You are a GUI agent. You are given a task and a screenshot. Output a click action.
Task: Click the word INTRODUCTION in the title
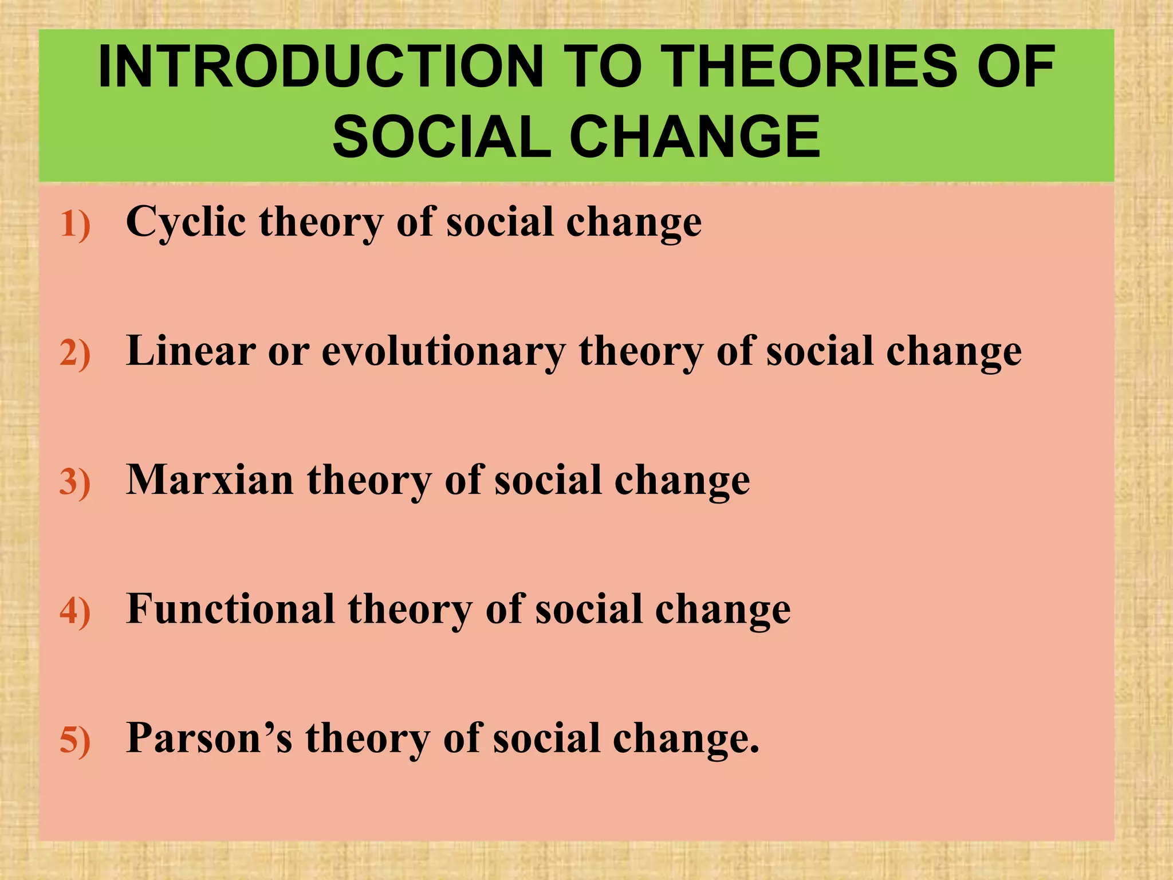point(321,67)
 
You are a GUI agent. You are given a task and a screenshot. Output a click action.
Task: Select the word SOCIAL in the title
point(442,137)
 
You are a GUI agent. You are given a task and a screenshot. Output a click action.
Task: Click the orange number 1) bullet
point(75,225)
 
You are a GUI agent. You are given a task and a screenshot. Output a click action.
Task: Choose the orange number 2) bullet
point(75,353)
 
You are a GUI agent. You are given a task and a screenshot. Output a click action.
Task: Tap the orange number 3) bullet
point(75,482)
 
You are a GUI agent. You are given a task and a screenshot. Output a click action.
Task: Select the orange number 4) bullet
point(75,611)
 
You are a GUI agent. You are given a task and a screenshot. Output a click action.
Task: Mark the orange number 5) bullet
point(75,740)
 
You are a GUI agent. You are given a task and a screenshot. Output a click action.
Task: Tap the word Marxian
point(210,480)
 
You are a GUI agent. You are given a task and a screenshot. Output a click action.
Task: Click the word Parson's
point(209,737)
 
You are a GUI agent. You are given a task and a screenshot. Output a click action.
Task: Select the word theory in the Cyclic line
point(321,222)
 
